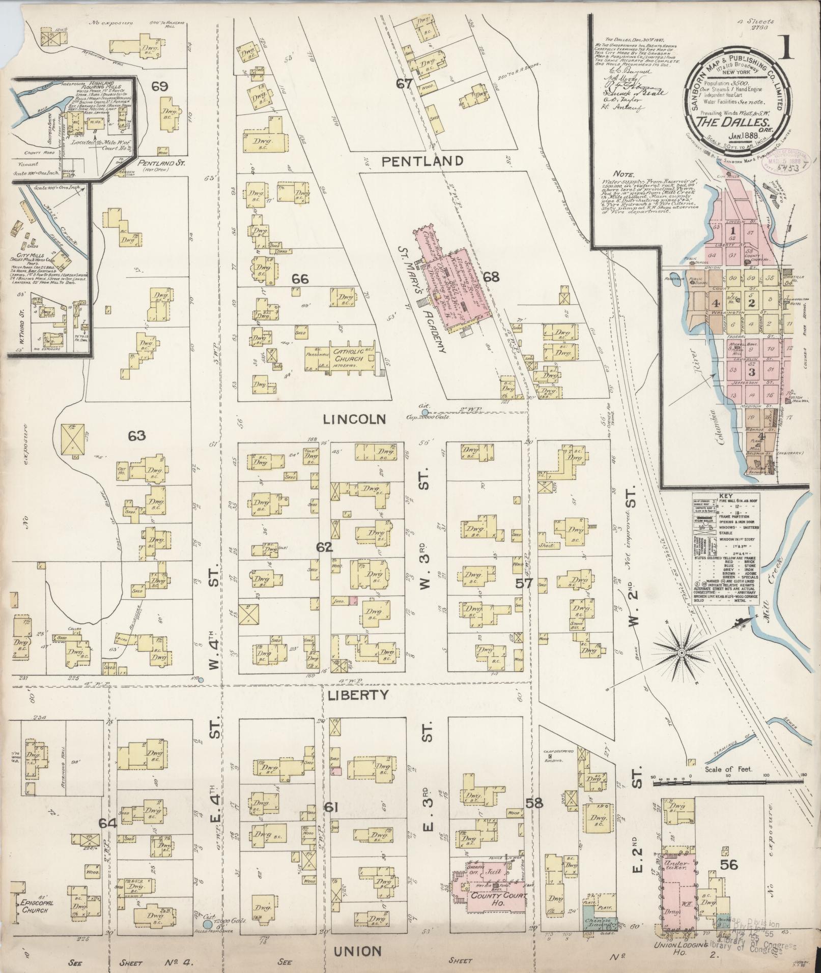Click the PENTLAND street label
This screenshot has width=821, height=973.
click(x=422, y=161)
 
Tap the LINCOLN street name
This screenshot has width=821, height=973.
click(x=354, y=419)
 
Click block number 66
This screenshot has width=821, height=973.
click(x=300, y=279)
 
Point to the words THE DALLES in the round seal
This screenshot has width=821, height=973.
click(x=725, y=122)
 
